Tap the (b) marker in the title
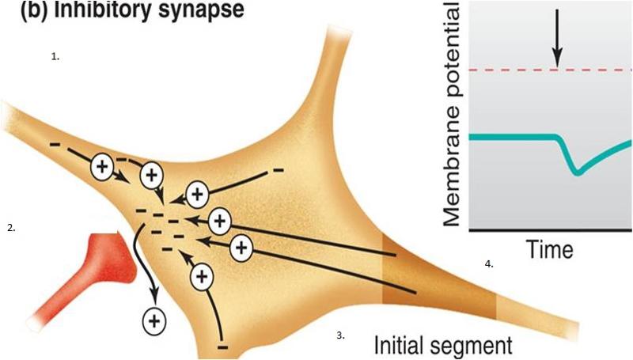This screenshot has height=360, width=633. pos(23,12)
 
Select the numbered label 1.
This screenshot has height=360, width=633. pos(55,57)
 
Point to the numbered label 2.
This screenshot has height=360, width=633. pos(11,228)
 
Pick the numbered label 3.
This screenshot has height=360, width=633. pos(341,335)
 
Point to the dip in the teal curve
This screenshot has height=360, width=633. pos(578,169)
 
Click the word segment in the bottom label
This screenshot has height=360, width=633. pos(474,345)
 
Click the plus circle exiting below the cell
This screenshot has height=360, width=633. pos(154,320)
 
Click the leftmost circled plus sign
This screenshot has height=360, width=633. pos(101,165)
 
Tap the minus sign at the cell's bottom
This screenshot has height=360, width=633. pos(223,347)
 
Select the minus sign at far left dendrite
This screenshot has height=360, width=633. pos(55,145)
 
